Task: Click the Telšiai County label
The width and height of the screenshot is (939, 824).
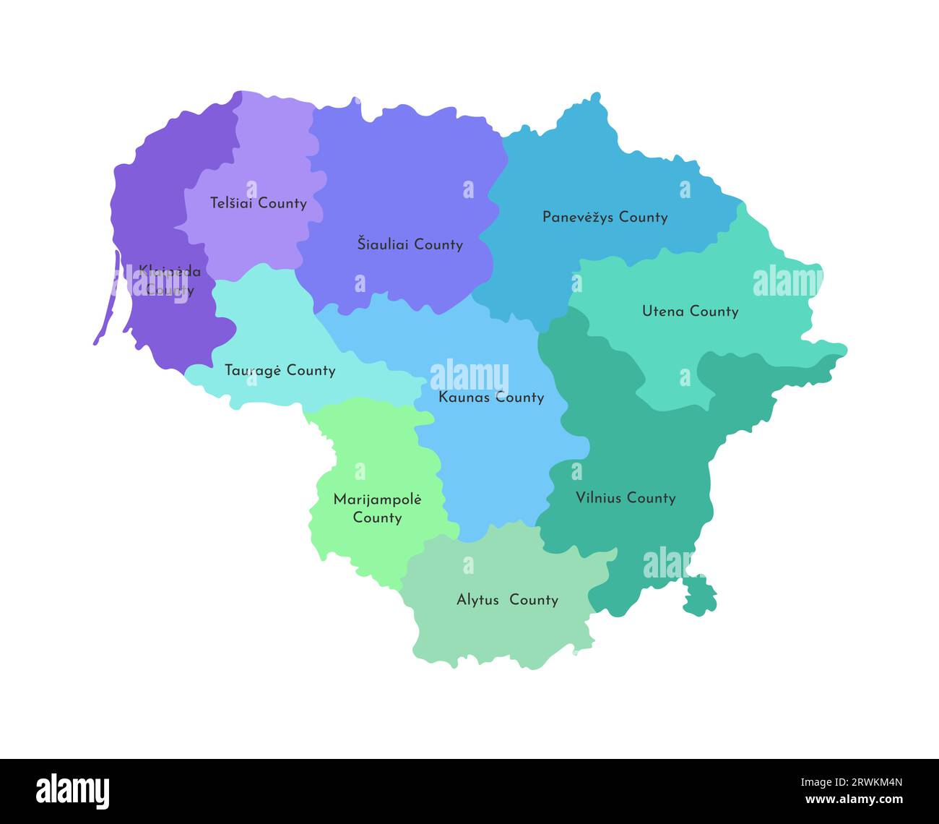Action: [258, 203]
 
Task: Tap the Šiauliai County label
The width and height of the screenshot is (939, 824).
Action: [410, 244]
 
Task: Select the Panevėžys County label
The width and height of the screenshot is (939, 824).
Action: [605, 217]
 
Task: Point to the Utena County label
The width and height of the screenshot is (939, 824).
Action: [690, 312]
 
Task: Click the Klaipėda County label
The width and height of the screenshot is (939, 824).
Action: [170, 280]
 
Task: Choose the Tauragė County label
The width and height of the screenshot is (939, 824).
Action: [280, 370]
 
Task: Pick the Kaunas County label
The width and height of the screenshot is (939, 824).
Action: [491, 397]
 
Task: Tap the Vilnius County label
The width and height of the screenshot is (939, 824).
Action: [626, 497]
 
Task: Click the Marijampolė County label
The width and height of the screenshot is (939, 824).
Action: [377, 508]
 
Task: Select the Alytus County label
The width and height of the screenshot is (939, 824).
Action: [507, 600]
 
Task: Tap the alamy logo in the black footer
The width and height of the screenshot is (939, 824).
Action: [72, 791]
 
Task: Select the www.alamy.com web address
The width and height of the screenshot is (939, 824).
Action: [851, 800]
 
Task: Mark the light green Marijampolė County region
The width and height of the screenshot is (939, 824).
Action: [376, 470]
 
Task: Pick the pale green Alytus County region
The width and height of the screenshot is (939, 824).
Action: [498, 629]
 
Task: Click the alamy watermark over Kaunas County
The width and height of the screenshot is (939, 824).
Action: [469, 377]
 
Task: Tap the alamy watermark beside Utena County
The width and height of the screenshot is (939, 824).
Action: [787, 282]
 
